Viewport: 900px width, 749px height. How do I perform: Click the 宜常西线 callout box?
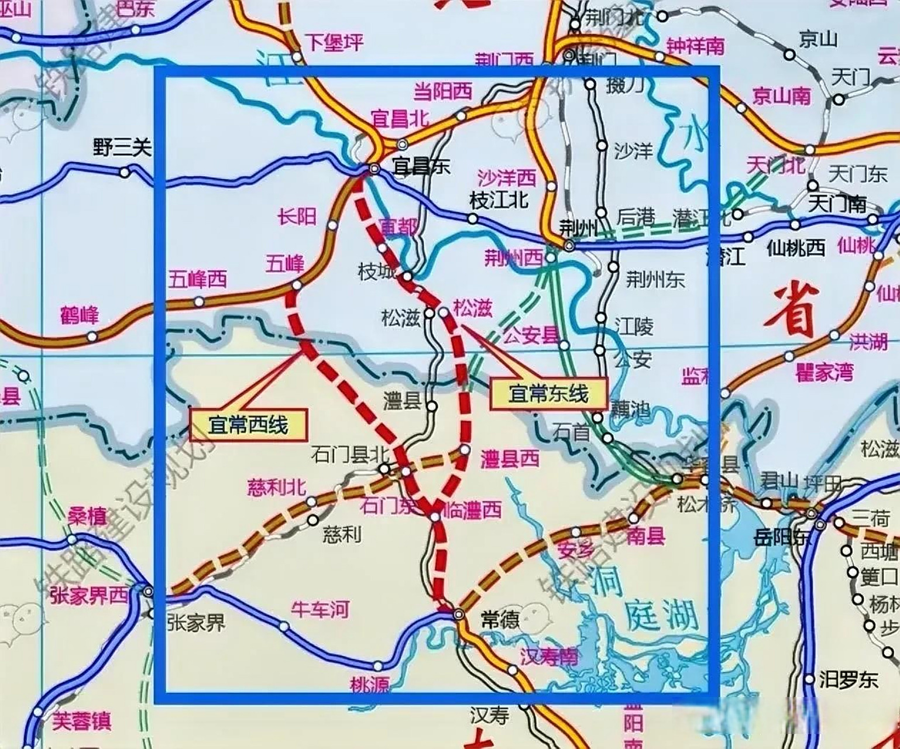click(x=248, y=425)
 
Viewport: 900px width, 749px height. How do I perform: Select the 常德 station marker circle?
click(x=458, y=614)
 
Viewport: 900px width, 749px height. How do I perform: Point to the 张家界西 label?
click(x=89, y=595)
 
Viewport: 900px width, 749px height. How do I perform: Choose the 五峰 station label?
click(x=285, y=264)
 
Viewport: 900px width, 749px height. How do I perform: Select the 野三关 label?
click(x=122, y=149)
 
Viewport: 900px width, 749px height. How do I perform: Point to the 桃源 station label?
click(x=369, y=683)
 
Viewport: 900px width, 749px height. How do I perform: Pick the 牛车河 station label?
click(x=320, y=610)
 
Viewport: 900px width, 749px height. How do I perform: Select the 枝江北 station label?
click(x=499, y=200)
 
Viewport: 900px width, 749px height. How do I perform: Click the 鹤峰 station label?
click(x=80, y=315)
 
